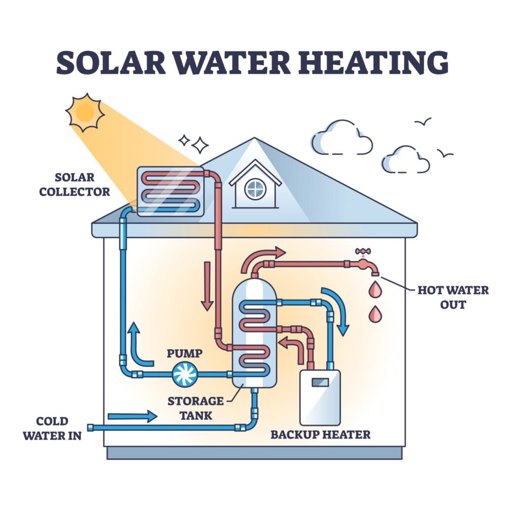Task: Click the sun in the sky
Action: coord(85,112)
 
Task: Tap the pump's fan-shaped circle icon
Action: coord(185,374)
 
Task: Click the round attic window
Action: coord(255,188)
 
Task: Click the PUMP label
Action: coord(184,353)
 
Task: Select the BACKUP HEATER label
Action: coord(320,434)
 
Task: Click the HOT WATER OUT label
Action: coord(453,297)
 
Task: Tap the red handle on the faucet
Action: coord(362,251)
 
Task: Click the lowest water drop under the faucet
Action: coord(375,314)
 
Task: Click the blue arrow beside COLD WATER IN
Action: coord(132,417)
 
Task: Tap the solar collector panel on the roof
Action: coord(170,192)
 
